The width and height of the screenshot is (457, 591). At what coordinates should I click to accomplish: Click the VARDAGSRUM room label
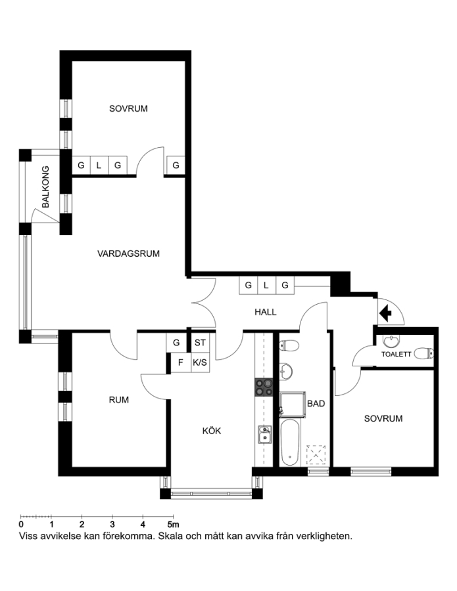[128, 253]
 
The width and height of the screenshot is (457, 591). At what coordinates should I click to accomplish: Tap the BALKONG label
[45, 187]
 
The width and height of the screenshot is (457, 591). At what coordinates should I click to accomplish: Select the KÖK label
[212, 431]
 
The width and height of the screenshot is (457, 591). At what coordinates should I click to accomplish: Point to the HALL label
[265, 312]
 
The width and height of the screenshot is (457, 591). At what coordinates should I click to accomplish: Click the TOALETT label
[396, 355]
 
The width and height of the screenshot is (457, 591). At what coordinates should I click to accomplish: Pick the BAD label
[316, 404]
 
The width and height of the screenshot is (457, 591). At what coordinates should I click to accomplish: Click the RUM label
[119, 400]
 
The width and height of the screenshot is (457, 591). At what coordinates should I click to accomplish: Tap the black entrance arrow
[385, 313]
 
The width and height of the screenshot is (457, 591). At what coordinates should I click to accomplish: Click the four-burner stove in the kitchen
[264, 387]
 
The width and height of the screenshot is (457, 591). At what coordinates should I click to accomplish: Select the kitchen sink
[265, 435]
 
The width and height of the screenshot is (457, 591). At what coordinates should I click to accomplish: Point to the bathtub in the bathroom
[290, 443]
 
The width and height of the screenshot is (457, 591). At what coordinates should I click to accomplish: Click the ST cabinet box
[200, 343]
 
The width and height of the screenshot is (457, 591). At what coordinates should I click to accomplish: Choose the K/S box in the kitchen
[200, 362]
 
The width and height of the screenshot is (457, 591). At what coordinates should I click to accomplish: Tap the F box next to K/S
[181, 362]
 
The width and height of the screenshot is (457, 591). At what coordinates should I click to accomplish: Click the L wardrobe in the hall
[266, 286]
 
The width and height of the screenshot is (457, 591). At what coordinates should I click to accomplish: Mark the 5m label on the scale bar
[174, 524]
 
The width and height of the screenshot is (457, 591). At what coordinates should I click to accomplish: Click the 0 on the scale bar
[21, 524]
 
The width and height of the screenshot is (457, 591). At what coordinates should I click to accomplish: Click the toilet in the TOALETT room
[423, 353]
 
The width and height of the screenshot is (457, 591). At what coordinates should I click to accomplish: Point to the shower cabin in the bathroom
[293, 405]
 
